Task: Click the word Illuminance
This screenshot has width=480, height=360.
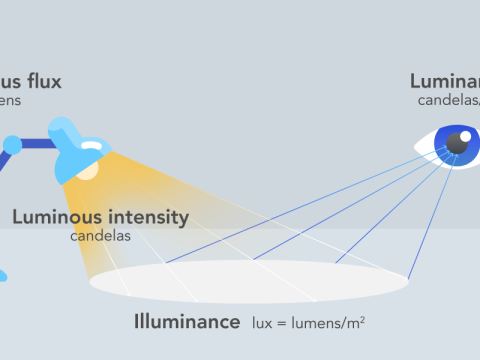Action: tap(187, 322)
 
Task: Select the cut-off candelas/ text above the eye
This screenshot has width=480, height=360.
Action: tap(449, 99)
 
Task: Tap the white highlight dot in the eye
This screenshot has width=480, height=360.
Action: tap(464, 137)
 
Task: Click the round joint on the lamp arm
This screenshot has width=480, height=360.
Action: tap(13, 144)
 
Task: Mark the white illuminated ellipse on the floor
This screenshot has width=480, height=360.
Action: tap(250, 281)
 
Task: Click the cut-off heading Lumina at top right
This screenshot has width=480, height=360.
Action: tap(444, 80)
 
